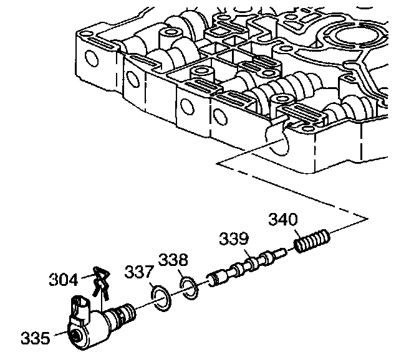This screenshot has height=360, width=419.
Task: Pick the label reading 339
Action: (233, 239)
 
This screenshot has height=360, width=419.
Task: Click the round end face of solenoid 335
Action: (77, 335)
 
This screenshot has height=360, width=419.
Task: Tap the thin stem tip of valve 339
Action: (281, 252)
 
